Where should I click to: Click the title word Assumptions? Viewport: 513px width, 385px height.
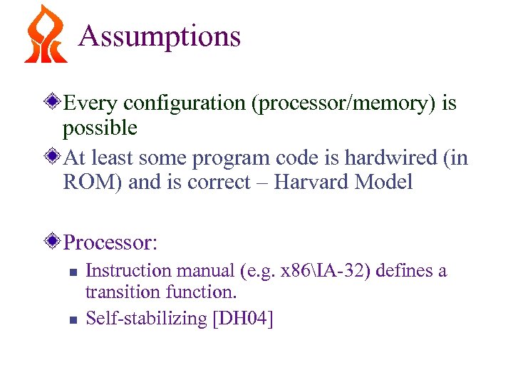pos(160,36)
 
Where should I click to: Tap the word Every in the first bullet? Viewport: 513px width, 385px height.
pos(92,103)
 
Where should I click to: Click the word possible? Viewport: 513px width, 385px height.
pos(100,128)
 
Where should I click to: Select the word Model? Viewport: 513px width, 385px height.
pos(383,183)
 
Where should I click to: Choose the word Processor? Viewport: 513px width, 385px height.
pos(110,243)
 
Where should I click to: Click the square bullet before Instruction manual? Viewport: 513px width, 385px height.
pos(71,272)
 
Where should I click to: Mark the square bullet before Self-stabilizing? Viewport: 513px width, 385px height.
pos(71,320)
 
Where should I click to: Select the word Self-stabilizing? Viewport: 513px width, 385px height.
pos(146,318)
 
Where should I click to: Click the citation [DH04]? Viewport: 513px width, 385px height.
pos(243,318)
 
